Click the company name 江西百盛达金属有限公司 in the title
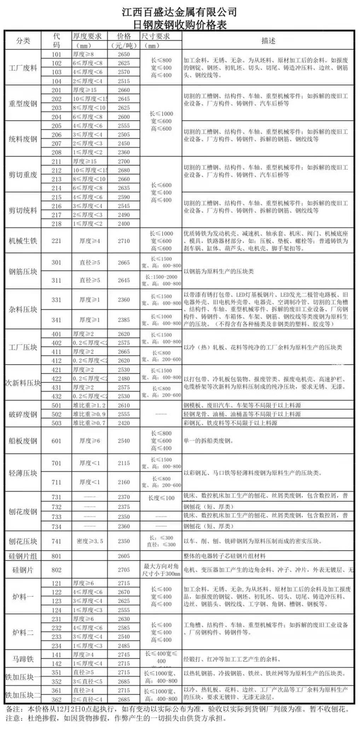tap(179, 12)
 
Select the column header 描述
tap(268, 41)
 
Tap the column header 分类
tap(23, 41)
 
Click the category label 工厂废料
tap(23, 68)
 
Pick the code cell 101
tap(57, 54)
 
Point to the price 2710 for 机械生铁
tap(124, 241)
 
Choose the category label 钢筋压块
tap(23, 272)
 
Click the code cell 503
tap(57, 423)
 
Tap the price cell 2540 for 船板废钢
tap(124, 441)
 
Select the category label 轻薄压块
tap(23, 473)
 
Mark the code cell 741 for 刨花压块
tap(57, 541)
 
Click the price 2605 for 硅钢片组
tap(124, 556)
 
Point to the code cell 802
tap(57, 570)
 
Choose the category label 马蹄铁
tap(23, 659)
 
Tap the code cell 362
tap(57, 699)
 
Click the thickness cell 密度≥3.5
tap(89, 541)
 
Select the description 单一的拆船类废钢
tap(209, 441)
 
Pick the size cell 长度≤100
tap(161, 498)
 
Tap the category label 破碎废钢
tap(23, 414)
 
